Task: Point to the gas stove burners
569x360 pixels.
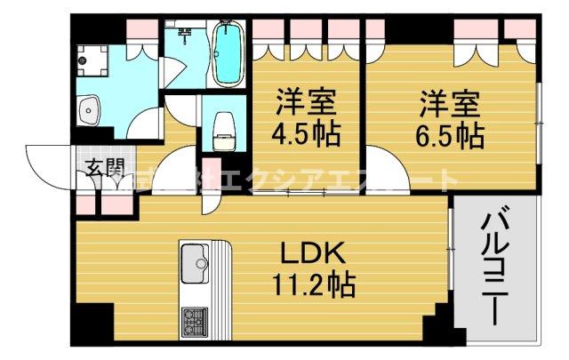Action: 193,318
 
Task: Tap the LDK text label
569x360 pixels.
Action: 311,254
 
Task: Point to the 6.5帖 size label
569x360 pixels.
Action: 453,137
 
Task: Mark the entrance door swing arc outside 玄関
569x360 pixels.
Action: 44,164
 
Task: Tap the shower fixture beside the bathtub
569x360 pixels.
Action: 187,36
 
